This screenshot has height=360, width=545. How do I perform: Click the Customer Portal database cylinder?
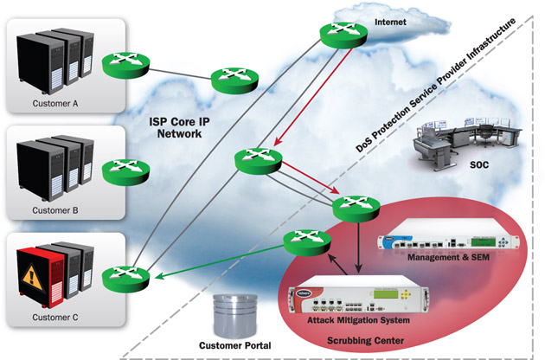click(x=235, y=312)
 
